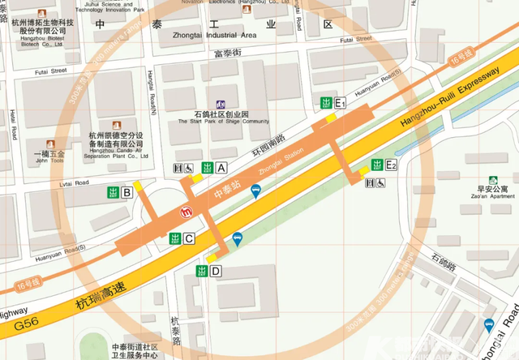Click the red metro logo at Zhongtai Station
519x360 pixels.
click(186, 213)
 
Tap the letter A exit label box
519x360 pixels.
click(221, 168)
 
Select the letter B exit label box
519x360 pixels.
click(127, 192)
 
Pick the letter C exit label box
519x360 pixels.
click(189, 238)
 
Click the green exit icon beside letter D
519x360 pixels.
click(201, 271)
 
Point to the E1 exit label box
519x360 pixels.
click(341, 102)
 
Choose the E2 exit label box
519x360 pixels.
click(391, 165)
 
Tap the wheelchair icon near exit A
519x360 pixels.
click(187, 168)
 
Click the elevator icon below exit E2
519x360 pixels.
click(370, 183)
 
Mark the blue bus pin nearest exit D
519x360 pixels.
click(238, 239)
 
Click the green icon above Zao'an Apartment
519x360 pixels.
click(492, 181)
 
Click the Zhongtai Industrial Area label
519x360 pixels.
click(215, 36)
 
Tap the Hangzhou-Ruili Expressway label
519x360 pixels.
click(450, 99)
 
